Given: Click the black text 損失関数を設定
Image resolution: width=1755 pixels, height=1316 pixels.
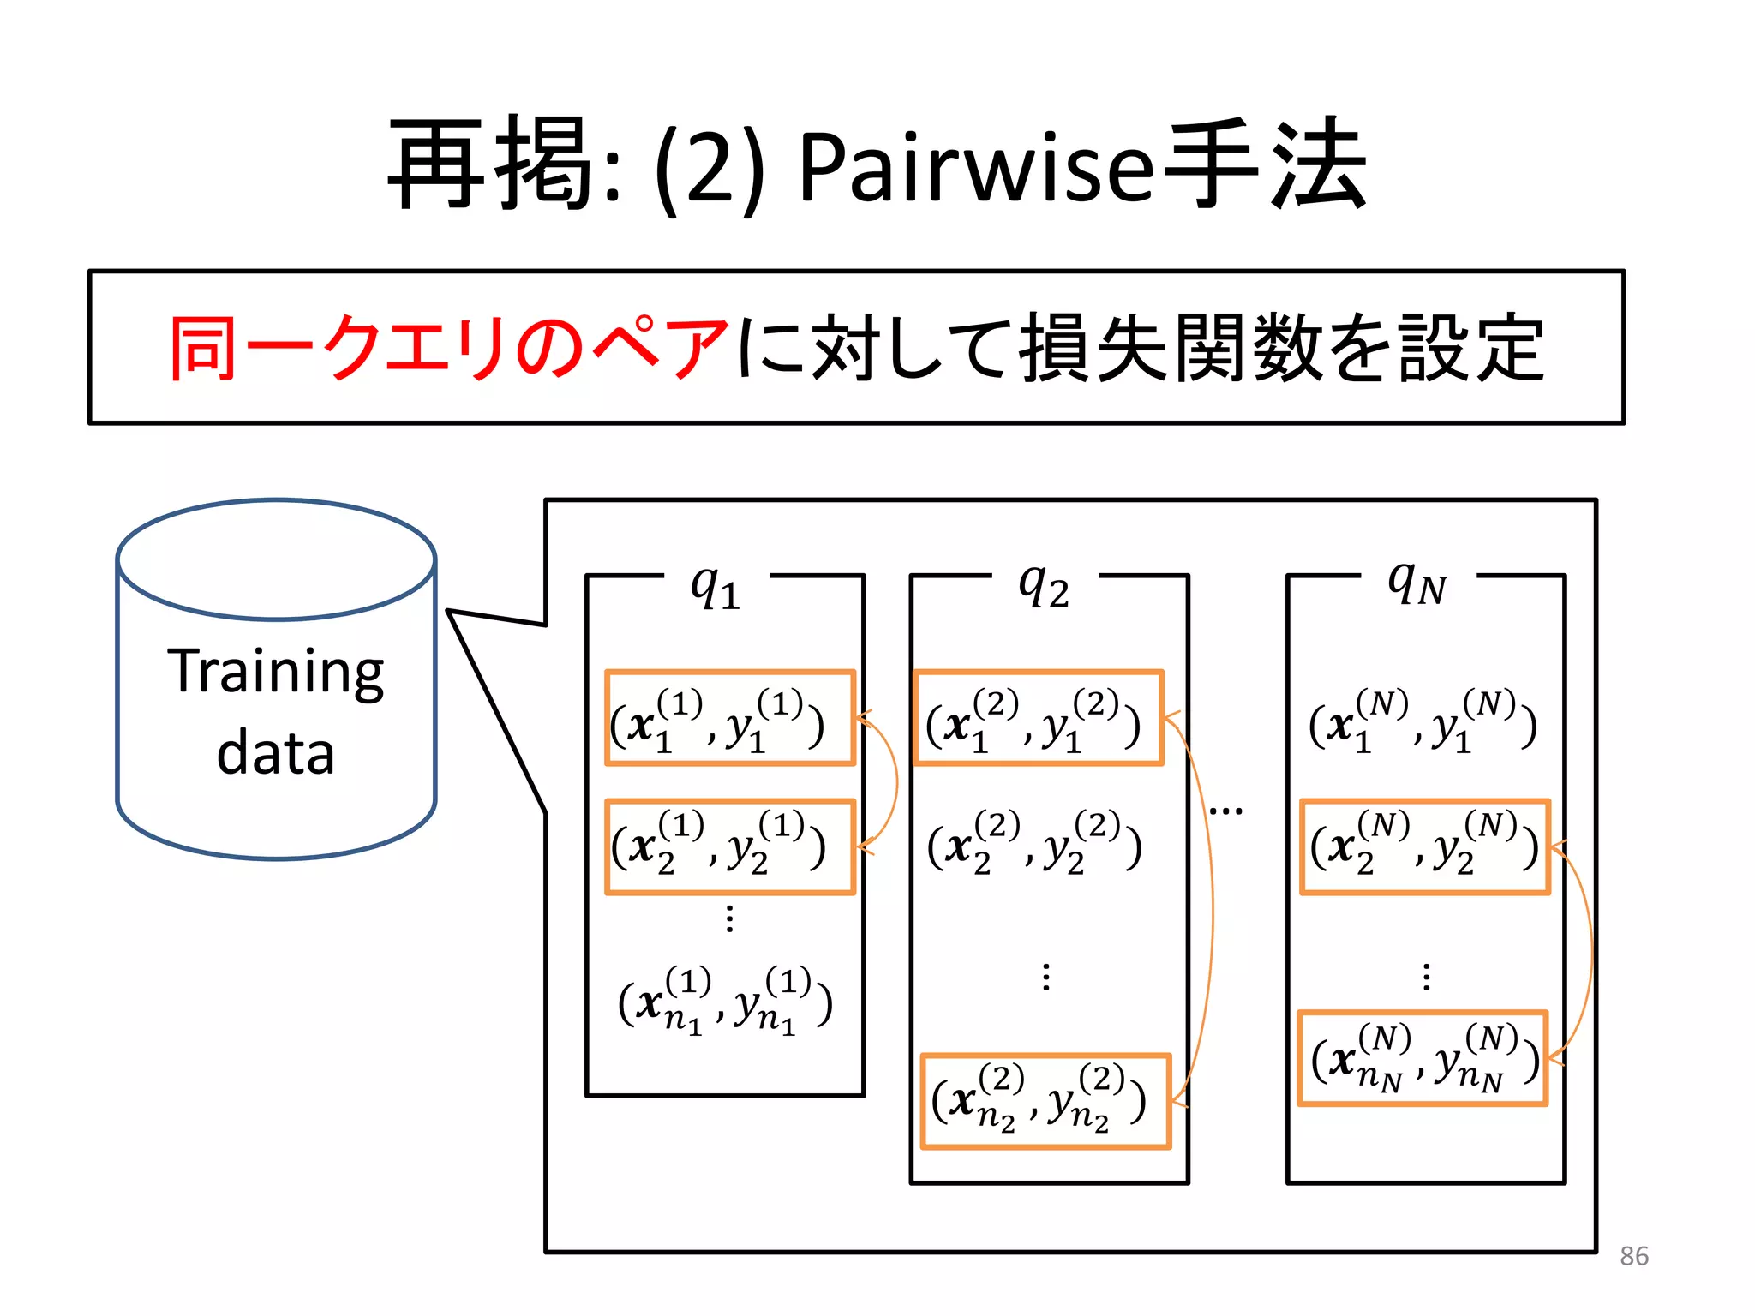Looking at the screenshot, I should pyautogui.click(x=1281, y=347).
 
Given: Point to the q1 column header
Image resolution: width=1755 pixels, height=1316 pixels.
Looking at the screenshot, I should pyautogui.click(x=716, y=587).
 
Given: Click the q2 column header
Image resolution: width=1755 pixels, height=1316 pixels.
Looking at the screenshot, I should pyautogui.click(x=1044, y=587).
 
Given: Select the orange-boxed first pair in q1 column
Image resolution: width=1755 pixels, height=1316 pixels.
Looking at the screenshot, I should pyautogui.click(x=729, y=719).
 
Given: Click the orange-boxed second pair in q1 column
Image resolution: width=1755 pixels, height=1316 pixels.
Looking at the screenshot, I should pyautogui.click(x=729, y=847).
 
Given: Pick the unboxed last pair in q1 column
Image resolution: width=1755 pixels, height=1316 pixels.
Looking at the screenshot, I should pyautogui.click(x=725, y=1001).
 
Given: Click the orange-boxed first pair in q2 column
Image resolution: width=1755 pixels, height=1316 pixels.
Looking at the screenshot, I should pyautogui.click(x=1038, y=719).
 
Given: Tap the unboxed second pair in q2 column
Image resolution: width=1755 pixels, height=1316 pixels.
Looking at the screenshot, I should pyautogui.click(x=1034, y=844).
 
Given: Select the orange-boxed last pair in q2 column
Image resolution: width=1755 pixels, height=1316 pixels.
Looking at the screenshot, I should pyautogui.click(x=1045, y=1102).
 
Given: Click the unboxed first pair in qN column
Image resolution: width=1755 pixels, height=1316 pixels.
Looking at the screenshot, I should pyautogui.click(x=1423, y=721).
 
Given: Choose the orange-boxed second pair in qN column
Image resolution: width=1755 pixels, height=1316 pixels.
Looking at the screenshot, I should pyautogui.click(x=1424, y=847).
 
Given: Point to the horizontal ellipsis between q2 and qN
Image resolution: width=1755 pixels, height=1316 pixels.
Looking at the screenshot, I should pyautogui.click(x=1225, y=811).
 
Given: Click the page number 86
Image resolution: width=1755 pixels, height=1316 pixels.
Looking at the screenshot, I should pyautogui.click(x=1633, y=1256).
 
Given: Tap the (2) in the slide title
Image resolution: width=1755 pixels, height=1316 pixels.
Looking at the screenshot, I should pyautogui.click(x=710, y=169).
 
